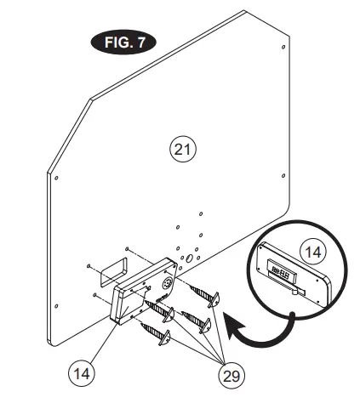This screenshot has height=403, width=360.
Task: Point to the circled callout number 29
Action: pos(233,373)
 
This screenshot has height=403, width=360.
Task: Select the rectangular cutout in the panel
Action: pos(107,275)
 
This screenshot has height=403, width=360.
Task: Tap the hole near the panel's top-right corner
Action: pos(283,40)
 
